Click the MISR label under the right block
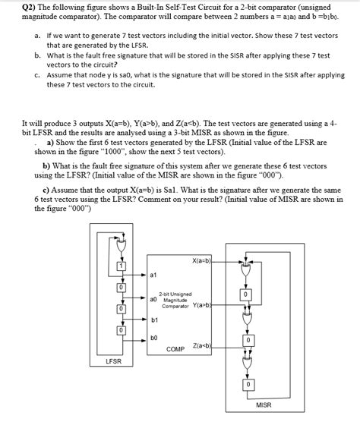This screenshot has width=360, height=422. pos(264,405)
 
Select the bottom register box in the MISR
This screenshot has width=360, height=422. pos(245,385)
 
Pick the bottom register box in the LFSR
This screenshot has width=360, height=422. pos(120,330)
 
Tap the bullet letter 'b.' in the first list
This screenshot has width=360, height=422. pos(37,55)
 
